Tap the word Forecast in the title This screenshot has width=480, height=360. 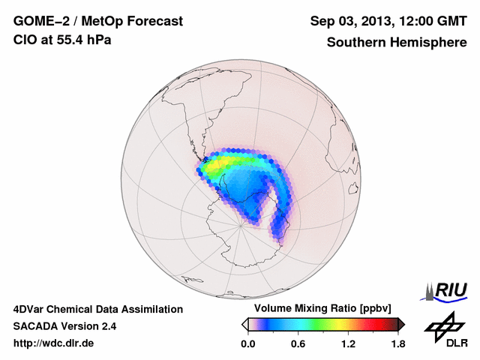153,22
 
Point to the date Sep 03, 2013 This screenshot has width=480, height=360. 347,22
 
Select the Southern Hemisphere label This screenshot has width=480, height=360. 397,43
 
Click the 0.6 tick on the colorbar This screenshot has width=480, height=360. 298,343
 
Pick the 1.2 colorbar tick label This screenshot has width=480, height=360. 348,343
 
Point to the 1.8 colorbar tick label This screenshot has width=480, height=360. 397,343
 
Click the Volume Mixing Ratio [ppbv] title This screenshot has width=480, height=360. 319,308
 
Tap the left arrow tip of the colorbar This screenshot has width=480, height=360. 244,324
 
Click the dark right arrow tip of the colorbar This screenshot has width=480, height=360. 401,324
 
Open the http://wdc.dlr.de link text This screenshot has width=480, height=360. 55,343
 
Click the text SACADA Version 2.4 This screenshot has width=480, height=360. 64,326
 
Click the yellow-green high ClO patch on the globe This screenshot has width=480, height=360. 225,162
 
